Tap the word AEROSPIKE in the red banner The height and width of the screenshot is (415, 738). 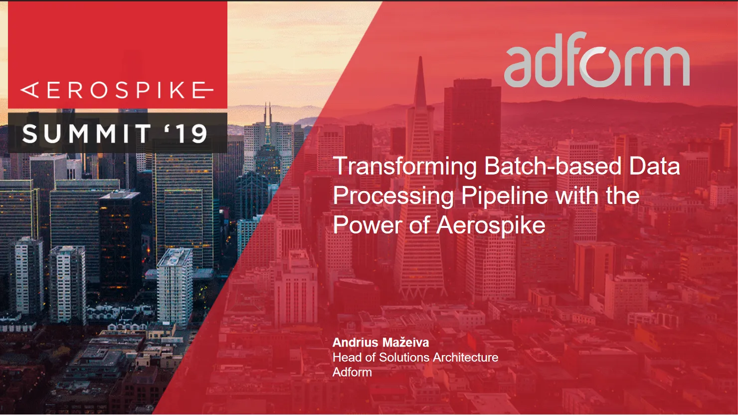117,90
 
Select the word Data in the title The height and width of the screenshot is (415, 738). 654,166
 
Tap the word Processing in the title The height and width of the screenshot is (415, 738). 393,196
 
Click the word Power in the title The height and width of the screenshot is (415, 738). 368,225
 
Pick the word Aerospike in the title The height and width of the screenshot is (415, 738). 491,225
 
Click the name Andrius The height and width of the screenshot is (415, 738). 355,343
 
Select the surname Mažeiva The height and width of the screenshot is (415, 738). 405,343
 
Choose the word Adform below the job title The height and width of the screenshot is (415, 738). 352,373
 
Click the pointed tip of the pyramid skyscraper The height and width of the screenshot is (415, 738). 420,58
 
